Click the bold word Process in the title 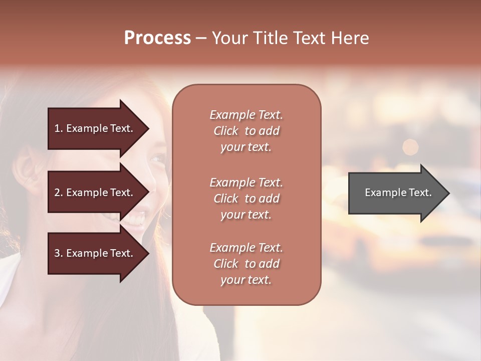tap(157, 38)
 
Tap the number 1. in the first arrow tap(59, 128)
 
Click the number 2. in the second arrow tap(59, 193)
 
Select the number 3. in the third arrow tap(59, 253)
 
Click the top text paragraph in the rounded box tap(246, 131)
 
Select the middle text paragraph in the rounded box tap(246, 199)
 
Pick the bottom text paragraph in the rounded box tap(246, 264)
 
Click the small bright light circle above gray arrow tap(410, 147)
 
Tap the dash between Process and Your tap(201, 39)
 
